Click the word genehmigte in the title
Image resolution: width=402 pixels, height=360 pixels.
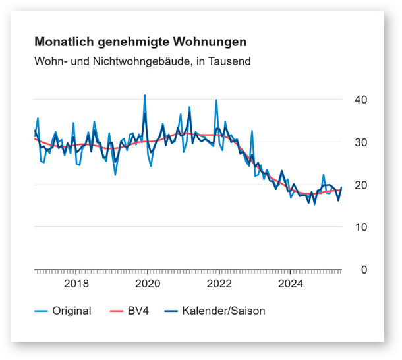(132, 42)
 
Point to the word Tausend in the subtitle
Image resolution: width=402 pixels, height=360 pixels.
(231, 61)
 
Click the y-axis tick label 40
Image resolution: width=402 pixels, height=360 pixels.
(360, 100)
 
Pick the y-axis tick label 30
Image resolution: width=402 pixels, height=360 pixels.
(360, 142)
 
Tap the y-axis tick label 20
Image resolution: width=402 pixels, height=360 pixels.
(360, 185)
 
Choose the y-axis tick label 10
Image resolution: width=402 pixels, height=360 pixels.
(360, 227)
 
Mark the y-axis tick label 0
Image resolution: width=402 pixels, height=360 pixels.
(363, 270)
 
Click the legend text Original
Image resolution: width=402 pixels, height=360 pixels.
(71, 311)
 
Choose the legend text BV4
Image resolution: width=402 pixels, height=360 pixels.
(137, 311)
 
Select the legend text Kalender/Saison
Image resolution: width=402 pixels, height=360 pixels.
(223, 311)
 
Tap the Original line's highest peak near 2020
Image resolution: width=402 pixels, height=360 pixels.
(145, 96)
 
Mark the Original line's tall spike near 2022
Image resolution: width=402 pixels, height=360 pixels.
(216, 101)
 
